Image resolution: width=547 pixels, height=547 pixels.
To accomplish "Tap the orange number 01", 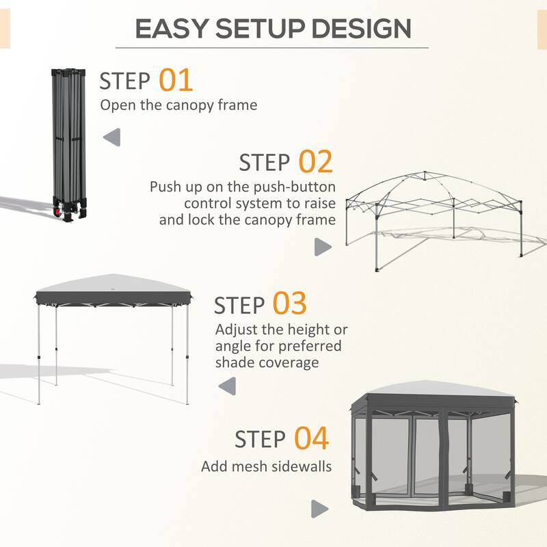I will point(176,80).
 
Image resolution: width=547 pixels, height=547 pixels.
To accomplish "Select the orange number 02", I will point(315,162).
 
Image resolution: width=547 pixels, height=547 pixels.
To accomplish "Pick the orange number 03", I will point(289,304).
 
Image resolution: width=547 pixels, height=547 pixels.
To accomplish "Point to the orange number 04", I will point(311,438).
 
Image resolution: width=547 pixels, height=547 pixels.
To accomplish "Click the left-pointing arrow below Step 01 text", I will point(111,137).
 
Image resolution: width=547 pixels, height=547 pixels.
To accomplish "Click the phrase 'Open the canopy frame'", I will point(178,105).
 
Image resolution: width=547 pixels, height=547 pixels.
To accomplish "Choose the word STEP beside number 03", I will point(239,306).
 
